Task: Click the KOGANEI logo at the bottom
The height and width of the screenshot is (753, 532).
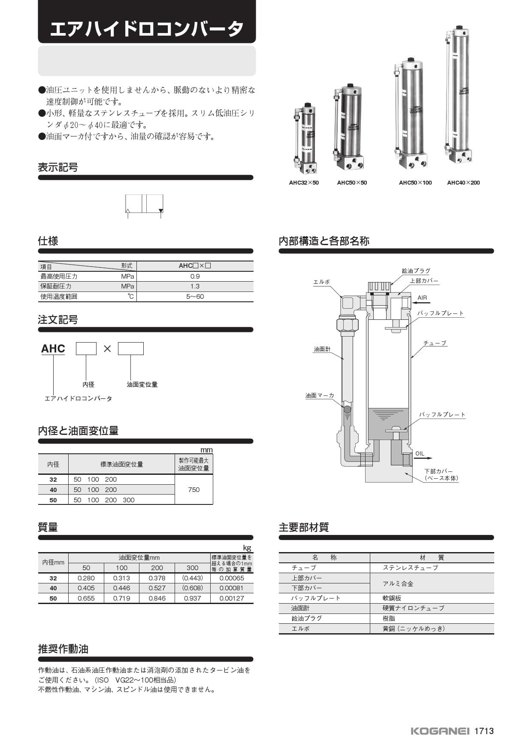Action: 440,731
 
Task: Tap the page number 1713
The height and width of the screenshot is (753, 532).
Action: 484,731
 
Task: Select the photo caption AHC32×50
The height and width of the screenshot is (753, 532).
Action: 304,182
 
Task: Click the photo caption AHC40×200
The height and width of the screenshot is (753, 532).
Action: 463,182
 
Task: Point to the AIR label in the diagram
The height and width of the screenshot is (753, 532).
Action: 422,298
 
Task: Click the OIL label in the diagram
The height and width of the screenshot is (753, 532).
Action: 420,453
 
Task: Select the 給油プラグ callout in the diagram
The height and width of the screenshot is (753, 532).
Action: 416,271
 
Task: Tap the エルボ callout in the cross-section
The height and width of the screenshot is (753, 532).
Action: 321,282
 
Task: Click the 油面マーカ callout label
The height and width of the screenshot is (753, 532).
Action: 320,395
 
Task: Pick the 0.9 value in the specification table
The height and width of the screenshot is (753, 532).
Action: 195,276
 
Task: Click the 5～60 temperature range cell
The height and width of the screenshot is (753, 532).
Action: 195,297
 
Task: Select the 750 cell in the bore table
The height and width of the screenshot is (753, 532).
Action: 194,489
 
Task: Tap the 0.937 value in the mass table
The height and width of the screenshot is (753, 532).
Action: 193,598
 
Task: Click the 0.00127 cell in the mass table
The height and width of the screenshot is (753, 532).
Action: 232,598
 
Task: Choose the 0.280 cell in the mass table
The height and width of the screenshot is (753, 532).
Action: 86,578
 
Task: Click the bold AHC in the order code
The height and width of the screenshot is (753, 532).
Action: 53,349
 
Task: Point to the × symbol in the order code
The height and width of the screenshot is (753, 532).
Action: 107,349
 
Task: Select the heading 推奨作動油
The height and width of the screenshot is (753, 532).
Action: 63,649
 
